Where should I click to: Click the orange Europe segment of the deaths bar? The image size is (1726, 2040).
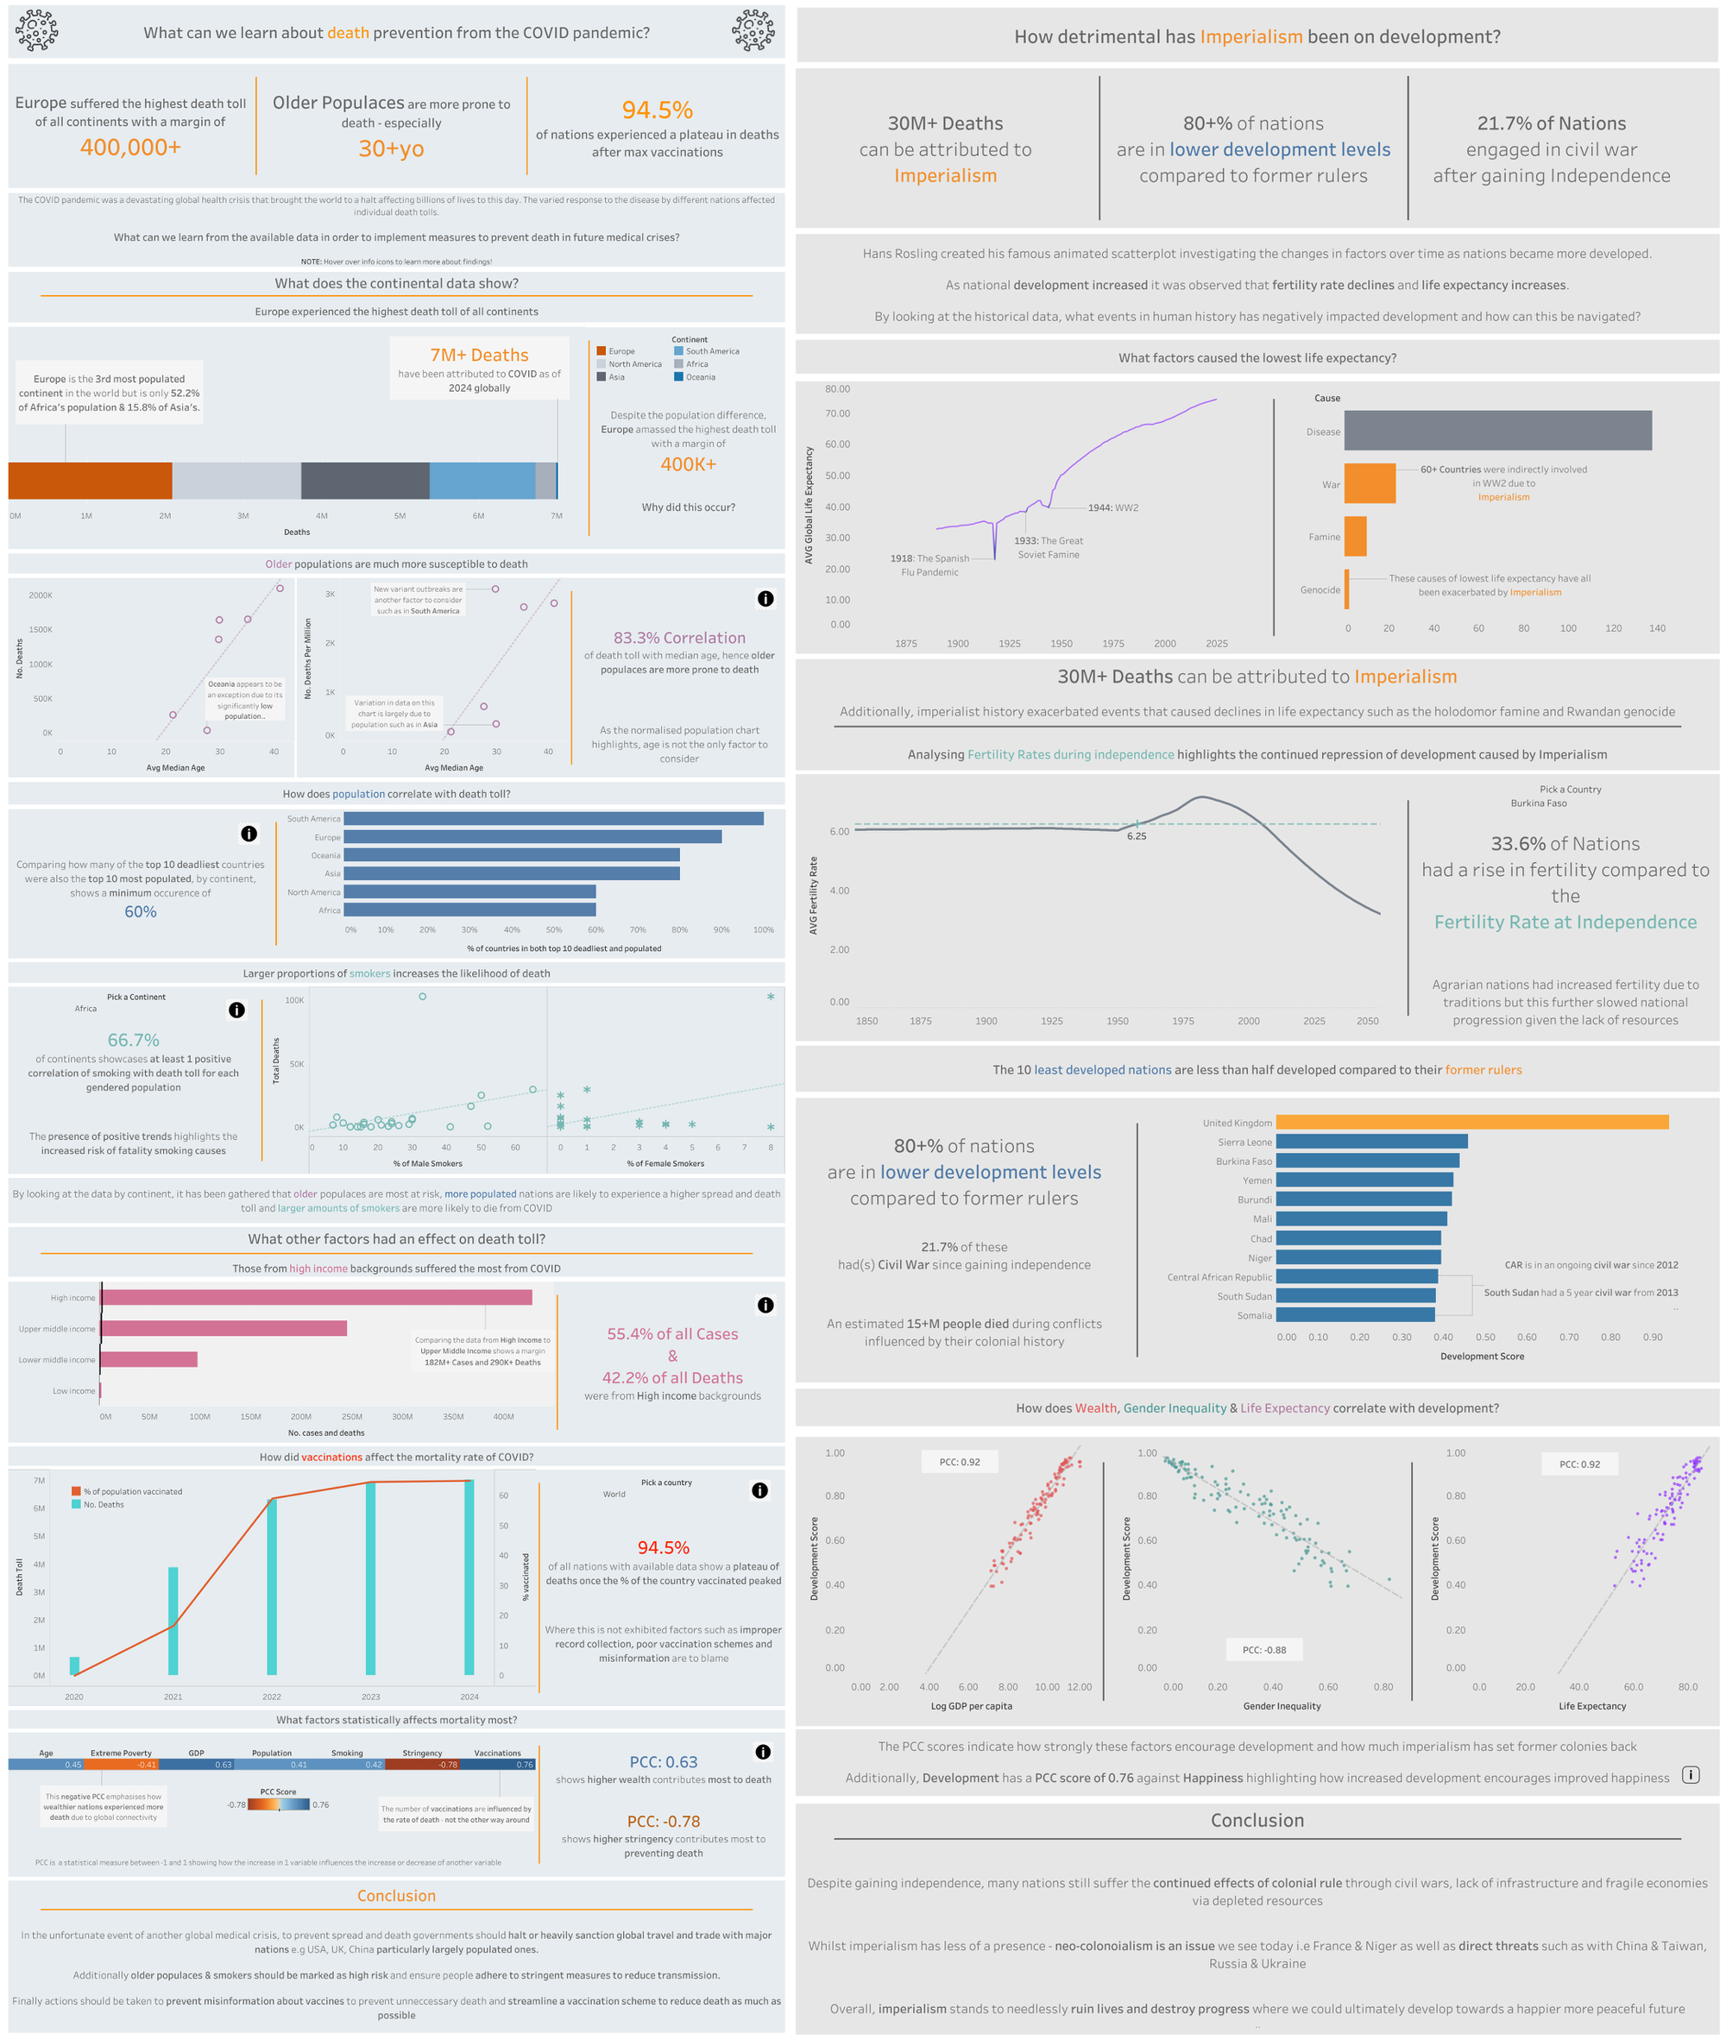click(x=90, y=481)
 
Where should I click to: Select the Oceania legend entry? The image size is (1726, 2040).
click(x=700, y=377)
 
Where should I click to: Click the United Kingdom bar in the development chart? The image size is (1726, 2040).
click(x=1471, y=1122)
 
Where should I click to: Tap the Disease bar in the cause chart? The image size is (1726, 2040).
click(x=1497, y=431)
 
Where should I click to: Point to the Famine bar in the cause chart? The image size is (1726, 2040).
click(x=1354, y=536)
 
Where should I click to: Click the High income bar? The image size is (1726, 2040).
click(x=316, y=1297)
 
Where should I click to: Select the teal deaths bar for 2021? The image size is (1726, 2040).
click(x=173, y=1621)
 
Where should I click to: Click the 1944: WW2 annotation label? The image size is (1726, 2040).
click(x=1113, y=507)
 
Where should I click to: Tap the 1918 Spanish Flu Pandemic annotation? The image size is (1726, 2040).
click(x=929, y=564)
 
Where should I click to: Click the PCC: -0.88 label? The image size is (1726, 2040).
click(x=1264, y=1650)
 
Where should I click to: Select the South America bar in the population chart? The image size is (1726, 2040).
click(x=553, y=818)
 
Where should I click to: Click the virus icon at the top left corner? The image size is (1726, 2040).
click(x=37, y=30)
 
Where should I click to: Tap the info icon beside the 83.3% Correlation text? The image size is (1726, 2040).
click(x=765, y=599)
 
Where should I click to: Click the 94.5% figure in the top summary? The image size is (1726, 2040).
click(x=657, y=110)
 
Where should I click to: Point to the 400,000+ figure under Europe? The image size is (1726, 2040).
click(x=130, y=147)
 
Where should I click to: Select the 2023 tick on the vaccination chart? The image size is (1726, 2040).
click(x=371, y=1697)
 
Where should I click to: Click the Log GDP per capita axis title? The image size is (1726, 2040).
click(x=971, y=1705)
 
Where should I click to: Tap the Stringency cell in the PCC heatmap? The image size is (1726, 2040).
click(x=422, y=1764)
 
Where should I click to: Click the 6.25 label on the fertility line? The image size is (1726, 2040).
click(x=1136, y=836)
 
